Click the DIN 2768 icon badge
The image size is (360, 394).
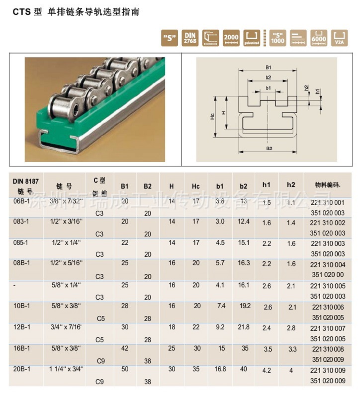189,38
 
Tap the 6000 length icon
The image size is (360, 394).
319,38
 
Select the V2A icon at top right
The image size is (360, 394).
340,38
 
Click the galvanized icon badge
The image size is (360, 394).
253,38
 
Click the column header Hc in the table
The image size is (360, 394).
196,186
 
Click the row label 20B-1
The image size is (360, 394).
22,370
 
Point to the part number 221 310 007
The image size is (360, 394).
327,329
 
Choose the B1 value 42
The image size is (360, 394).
124,349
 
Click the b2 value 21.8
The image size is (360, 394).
244,328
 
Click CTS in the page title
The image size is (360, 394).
20,12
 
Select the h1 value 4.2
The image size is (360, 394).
267,371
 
